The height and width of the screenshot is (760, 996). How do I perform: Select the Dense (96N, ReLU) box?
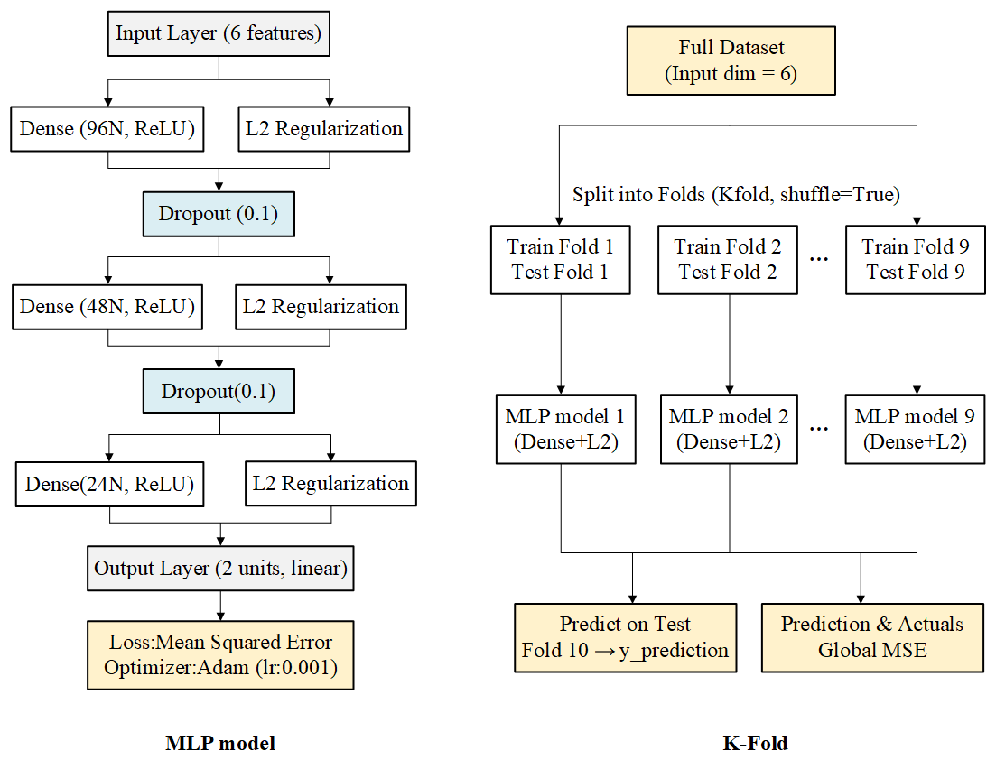click(x=108, y=129)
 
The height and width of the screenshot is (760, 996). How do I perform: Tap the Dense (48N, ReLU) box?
click(x=107, y=307)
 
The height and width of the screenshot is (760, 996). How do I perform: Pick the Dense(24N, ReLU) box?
click(x=109, y=485)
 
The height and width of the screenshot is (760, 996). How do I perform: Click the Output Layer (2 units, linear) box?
click(x=220, y=570)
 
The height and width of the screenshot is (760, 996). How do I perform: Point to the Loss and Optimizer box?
click(x=219, y=655)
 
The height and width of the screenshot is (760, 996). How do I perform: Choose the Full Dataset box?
click(x=731, y=61)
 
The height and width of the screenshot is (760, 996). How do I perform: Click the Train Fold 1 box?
click(x=560, y=259)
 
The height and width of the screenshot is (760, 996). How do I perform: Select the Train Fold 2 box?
click(x=728, y=259)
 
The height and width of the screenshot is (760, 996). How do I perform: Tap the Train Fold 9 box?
click(x=916, y=259)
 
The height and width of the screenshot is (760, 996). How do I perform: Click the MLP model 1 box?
click(x=565, y=430)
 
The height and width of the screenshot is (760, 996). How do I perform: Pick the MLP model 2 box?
click(x=729, y=430)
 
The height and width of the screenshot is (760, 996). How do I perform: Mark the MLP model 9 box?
click(x=915, y=430)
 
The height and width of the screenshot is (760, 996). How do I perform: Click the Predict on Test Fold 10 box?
click(x=625, y=637)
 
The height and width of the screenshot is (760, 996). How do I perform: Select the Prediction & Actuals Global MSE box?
click(x=871, y=637)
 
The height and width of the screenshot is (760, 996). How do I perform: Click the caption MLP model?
click(x=220, y=744)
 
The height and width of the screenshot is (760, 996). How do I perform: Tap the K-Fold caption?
click(x=755, y=744)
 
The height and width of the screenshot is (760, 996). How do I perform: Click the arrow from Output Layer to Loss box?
click(x=219, y=606)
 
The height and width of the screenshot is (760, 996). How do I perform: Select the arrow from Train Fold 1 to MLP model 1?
click(x=562, y=343)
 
